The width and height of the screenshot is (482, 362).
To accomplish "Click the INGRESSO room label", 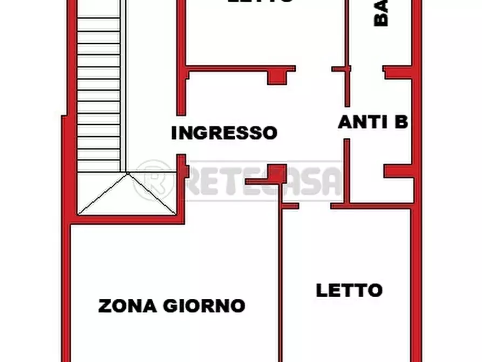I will [x=224, y=133].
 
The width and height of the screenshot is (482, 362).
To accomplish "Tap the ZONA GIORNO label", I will [x=172, y=306].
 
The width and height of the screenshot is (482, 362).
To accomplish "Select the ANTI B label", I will [x=372, y=122].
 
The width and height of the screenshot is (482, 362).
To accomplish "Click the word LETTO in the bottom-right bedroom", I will [x=349, y=290].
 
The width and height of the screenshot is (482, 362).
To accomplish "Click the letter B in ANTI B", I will [x=400, y=122].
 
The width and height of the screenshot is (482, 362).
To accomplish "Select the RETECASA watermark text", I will [x=264, y=181].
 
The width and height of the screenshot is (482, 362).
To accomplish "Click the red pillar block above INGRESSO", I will [x=277, y=76].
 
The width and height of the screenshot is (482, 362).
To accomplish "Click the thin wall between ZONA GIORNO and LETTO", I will [x=281, y=281].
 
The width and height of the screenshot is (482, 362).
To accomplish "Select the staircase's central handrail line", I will [x=124, y=86].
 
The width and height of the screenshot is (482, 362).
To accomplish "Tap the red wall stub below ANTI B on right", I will [x=399, y=171].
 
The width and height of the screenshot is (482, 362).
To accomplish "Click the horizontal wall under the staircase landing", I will [x=127, y=219].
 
